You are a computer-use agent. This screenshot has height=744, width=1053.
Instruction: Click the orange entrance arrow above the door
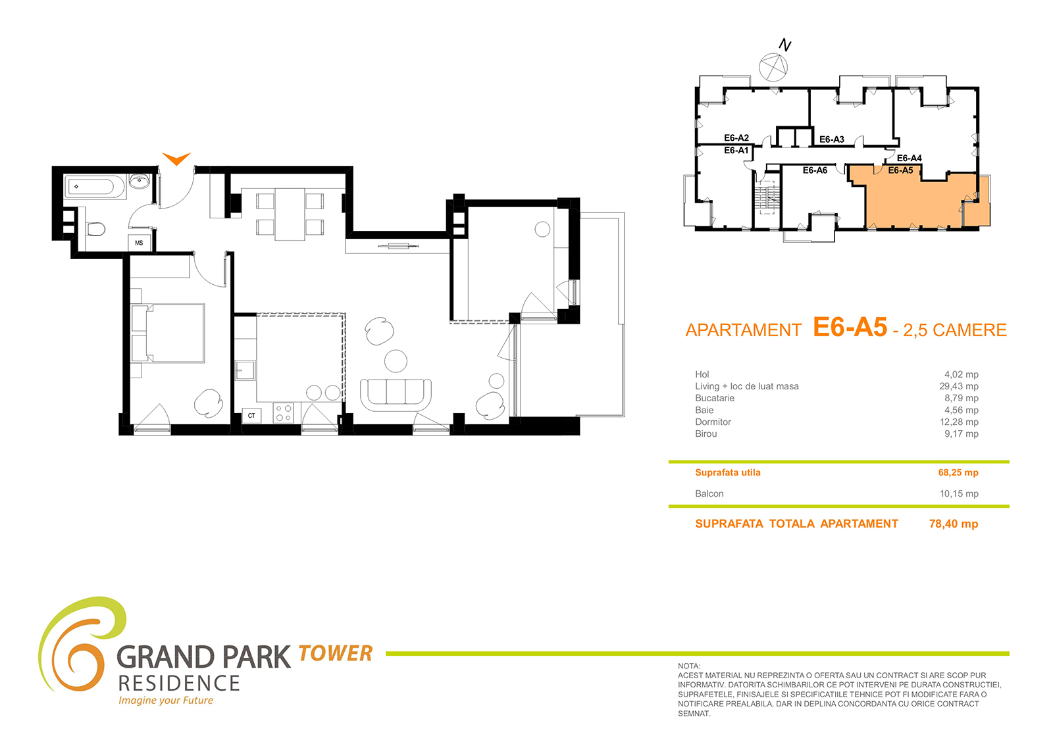(x=176, y=158)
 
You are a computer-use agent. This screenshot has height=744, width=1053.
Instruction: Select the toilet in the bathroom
(x=96, y=229)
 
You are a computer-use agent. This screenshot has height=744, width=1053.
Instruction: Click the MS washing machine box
(x=139, y=243)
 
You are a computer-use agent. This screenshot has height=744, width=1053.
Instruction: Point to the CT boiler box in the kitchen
(x=251, y=416)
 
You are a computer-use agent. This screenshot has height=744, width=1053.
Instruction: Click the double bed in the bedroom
(x=168, y=334)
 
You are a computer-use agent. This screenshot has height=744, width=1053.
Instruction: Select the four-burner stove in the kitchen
(x=284, y=413)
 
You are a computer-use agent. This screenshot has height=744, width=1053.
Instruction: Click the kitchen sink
(x=244, y=370)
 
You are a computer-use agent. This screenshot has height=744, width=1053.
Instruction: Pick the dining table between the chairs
(x=290, y=214)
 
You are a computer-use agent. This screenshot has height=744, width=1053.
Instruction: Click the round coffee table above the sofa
(x=396, y=361)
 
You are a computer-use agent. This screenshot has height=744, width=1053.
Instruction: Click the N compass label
(x=785, y=45)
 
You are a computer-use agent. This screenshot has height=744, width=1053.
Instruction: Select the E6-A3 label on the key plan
(x=832, y=139)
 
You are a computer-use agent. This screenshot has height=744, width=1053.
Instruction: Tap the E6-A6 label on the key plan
(x=815, y=170)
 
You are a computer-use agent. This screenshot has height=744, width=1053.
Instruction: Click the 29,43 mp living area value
(x=959, y=386)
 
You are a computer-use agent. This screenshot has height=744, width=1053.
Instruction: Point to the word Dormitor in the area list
(x=713, y=422)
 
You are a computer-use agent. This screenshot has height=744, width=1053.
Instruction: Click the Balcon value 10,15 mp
(x=959, y=493)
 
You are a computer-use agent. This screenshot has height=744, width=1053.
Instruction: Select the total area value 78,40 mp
(x=954, y=524)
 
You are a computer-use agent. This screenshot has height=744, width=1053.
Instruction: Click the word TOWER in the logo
(x=335, y=653)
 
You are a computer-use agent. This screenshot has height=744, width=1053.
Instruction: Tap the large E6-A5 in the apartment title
(x=850, y=327)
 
